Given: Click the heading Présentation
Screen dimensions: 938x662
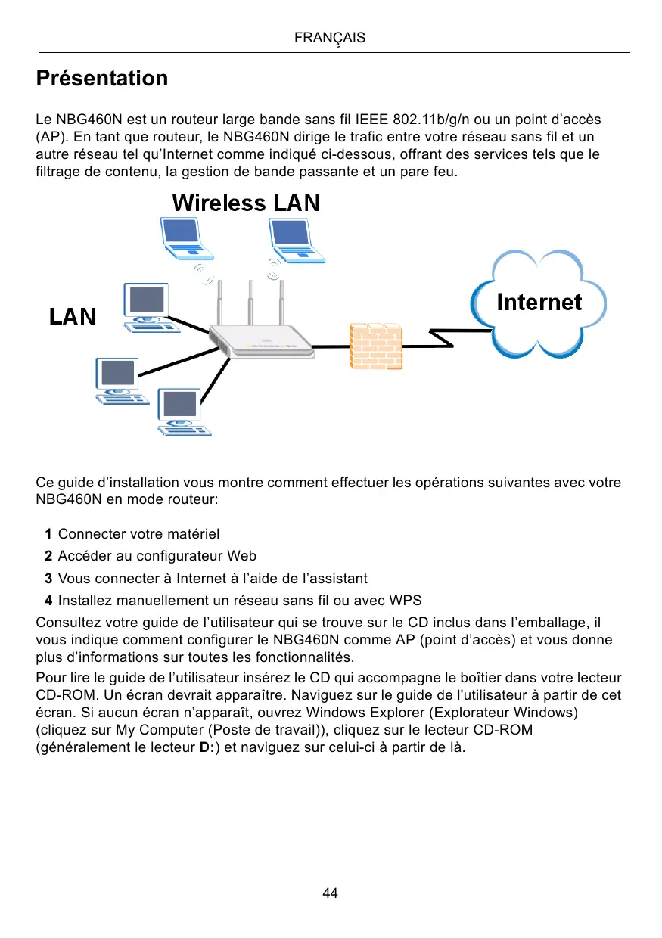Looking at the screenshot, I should click(x=102, y=79).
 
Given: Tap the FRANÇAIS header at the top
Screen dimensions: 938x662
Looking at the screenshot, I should click(x=329, y=37).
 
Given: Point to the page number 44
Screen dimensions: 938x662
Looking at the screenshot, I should click(x=331, y=893).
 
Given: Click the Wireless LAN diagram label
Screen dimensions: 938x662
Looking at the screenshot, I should click(x=246, y=203).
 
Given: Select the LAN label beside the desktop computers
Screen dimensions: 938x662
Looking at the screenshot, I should click(x=73, y=316).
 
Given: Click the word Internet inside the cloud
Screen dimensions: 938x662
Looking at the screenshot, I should click(x=539, y=303).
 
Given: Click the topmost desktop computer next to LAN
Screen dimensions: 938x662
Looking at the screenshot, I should click(x=148, y=308).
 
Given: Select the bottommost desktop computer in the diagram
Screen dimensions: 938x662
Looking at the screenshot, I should click(x=180, y=412).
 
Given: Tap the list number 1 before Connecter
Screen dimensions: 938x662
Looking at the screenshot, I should click(x=48, y=535).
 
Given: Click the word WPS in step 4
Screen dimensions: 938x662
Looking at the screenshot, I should click(x=406, y=601).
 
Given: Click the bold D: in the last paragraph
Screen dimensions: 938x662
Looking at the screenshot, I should click(x=206, y=748).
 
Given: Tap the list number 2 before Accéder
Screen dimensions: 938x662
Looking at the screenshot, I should click(x=48, y=557).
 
